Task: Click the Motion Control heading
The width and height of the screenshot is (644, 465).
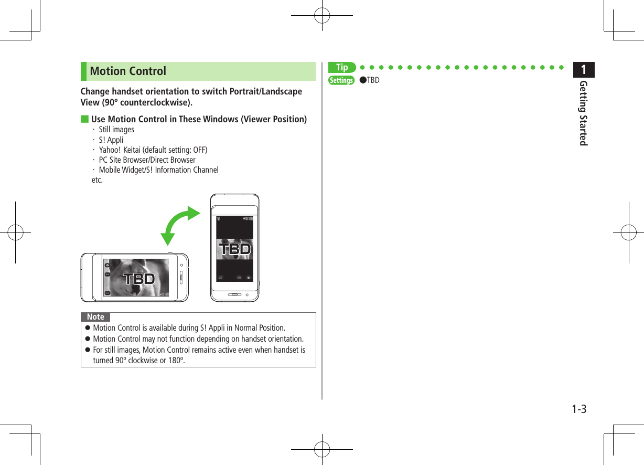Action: (128, 71)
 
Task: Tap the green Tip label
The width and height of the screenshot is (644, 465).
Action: (341, 67)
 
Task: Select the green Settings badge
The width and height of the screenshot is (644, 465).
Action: (341, 80)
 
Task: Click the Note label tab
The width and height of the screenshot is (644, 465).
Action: (95, 317)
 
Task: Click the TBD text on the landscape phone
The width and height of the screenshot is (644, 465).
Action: (139, 279)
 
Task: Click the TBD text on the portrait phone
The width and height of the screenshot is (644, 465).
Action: (234, 249)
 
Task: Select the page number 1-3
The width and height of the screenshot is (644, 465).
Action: (578, 409)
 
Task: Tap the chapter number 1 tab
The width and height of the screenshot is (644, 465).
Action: (584, 69)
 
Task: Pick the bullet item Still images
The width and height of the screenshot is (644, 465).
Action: (116, 130)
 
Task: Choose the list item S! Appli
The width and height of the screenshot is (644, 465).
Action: (111, 140)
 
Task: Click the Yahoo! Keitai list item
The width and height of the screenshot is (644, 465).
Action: (153, 150)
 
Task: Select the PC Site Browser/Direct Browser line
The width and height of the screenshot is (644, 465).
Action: (147, 160)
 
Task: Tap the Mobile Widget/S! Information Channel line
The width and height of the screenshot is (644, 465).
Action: (158, 170)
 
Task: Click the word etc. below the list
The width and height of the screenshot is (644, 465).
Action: (97, 180)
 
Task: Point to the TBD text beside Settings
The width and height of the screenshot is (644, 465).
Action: (373, 80)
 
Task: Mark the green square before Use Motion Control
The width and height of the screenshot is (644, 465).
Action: (84, 119)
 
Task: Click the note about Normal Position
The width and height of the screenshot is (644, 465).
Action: (189, 329)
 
